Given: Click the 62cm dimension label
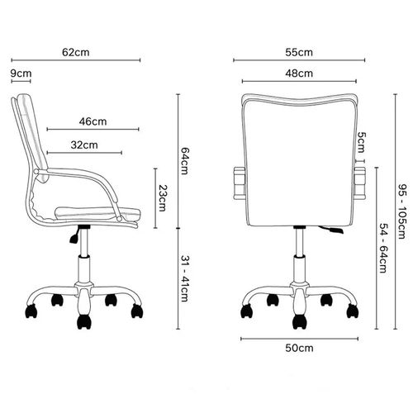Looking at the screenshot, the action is click(x=76, y=52).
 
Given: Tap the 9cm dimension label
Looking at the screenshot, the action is click(x=21, y=74).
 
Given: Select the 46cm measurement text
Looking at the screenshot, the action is click(x=93, y=121).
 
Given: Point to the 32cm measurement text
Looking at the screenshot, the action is click(x=84, y=145).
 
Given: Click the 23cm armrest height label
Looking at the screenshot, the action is click(x=163, y=198).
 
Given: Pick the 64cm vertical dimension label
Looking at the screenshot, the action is click(x=184, y=161).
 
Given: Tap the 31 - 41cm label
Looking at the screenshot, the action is click(x=184, y=278).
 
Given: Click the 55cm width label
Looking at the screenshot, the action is click(x=299, y=52).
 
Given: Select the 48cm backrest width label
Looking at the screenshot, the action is click(x=299, y=74).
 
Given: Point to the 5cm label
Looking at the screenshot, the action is click(x=362, y=143).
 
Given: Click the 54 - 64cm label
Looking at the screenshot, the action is click(x=383, y=248).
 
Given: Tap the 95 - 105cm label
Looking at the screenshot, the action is click(x=402, y=211).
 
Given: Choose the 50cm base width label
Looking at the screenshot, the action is click(x=299, y=348).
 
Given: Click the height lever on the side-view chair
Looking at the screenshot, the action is click(x=74, y=236).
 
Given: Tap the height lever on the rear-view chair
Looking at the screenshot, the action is click(x=331, y=230).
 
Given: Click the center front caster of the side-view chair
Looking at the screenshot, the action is click(x=84, y=321).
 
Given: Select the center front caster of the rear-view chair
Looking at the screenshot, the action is click(x=299, y=321).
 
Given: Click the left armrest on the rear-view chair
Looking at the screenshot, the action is click(x=240, y=183).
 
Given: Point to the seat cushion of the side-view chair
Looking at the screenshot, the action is click(x=97, y=213).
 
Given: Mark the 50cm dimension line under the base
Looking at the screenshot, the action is click(x=299, y=339).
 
